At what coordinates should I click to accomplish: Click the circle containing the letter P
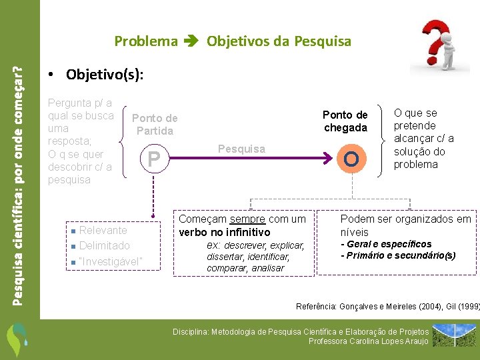154,159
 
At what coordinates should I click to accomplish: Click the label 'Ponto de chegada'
345,121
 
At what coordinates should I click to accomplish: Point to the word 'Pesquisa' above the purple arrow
242,149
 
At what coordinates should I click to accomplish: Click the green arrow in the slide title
192,41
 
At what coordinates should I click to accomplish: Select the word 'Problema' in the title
146,41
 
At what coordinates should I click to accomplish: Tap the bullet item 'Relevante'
103,230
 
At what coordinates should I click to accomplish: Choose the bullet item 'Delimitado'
104,245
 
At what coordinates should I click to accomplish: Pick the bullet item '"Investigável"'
110,261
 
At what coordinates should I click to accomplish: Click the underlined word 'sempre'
247,219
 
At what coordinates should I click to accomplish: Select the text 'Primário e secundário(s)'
400,255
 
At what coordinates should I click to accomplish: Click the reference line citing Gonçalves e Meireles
387,307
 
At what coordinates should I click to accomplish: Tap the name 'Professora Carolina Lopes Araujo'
368,341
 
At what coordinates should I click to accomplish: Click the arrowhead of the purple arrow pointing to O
327,159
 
